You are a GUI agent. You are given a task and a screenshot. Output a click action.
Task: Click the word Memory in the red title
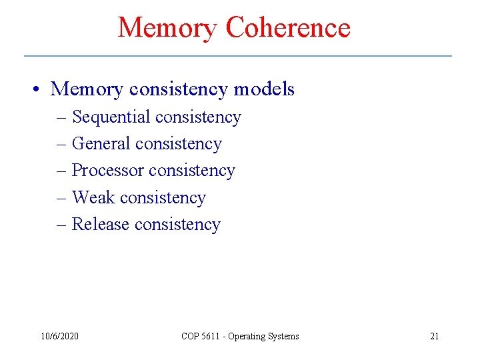point(167,28)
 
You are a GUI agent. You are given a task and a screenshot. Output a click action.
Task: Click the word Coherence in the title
point(288,28)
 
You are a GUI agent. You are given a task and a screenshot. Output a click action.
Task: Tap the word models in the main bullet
point(264,89)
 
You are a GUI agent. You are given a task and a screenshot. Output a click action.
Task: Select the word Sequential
point(111,117)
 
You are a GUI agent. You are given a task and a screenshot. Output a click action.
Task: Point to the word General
point(101,144)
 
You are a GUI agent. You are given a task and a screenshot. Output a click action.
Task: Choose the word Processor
point(108,171)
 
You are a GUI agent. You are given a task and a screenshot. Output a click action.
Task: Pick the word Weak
point(93,198)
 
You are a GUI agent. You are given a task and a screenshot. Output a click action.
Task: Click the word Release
point(101,225)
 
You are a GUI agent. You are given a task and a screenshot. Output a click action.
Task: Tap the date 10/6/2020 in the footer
point(59,336)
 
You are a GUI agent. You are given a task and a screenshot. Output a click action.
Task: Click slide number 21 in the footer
point(434,336)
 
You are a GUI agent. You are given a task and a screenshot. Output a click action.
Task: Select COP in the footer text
point(190,336)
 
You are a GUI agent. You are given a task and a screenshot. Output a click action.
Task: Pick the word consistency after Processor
point(192,171)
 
